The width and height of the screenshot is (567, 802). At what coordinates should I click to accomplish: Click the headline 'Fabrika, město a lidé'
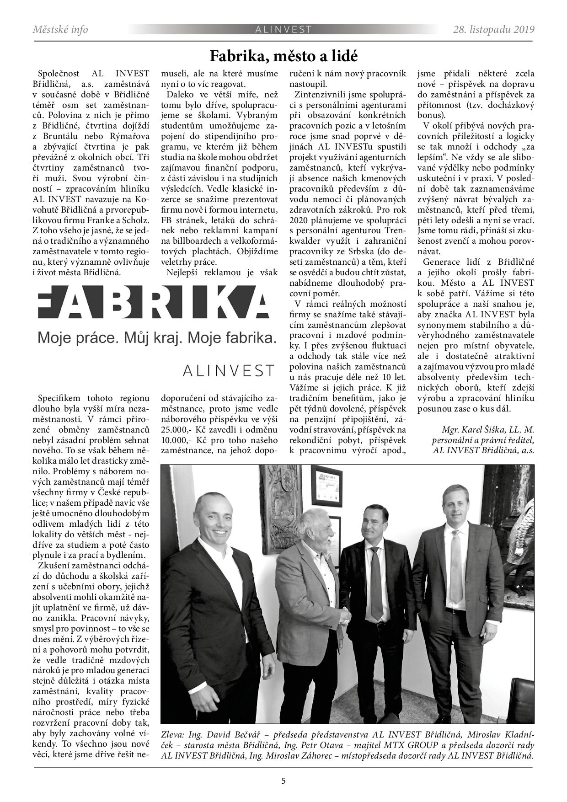pyautogui.click(x=283, y=56)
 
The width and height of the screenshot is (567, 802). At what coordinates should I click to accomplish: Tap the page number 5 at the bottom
pyautogui.click(x=283, y=781)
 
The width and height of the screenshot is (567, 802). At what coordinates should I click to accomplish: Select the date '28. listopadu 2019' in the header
pyautogui.click(x=493, y=30)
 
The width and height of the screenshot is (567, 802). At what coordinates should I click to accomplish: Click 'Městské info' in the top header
pyautogui.click(x=60, y=30)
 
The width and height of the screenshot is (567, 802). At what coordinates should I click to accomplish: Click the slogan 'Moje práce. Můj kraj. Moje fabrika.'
pyautogui.click(x=157, y=338)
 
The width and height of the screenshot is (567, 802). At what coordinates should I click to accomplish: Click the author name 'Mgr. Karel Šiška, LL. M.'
pyautogui.click(x=487, y=430)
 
